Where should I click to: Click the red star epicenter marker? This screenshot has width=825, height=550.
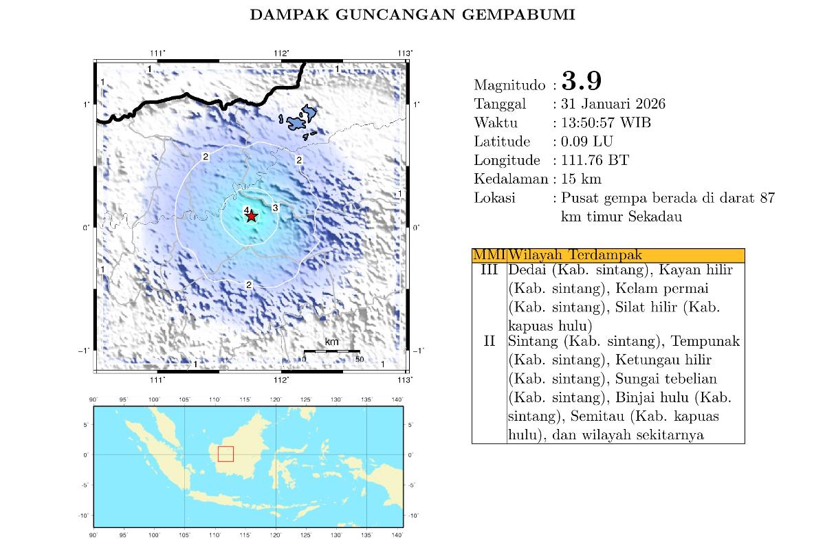252,216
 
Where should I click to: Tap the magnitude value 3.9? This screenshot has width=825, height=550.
582,81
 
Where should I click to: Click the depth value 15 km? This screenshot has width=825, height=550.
582,179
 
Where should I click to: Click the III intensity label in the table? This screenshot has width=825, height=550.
489,270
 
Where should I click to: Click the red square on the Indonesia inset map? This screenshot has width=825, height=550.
225,454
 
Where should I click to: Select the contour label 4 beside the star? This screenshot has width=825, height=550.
245,210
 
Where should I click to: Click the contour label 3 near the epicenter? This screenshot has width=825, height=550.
275,208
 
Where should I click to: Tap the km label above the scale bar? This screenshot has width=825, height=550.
331,342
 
